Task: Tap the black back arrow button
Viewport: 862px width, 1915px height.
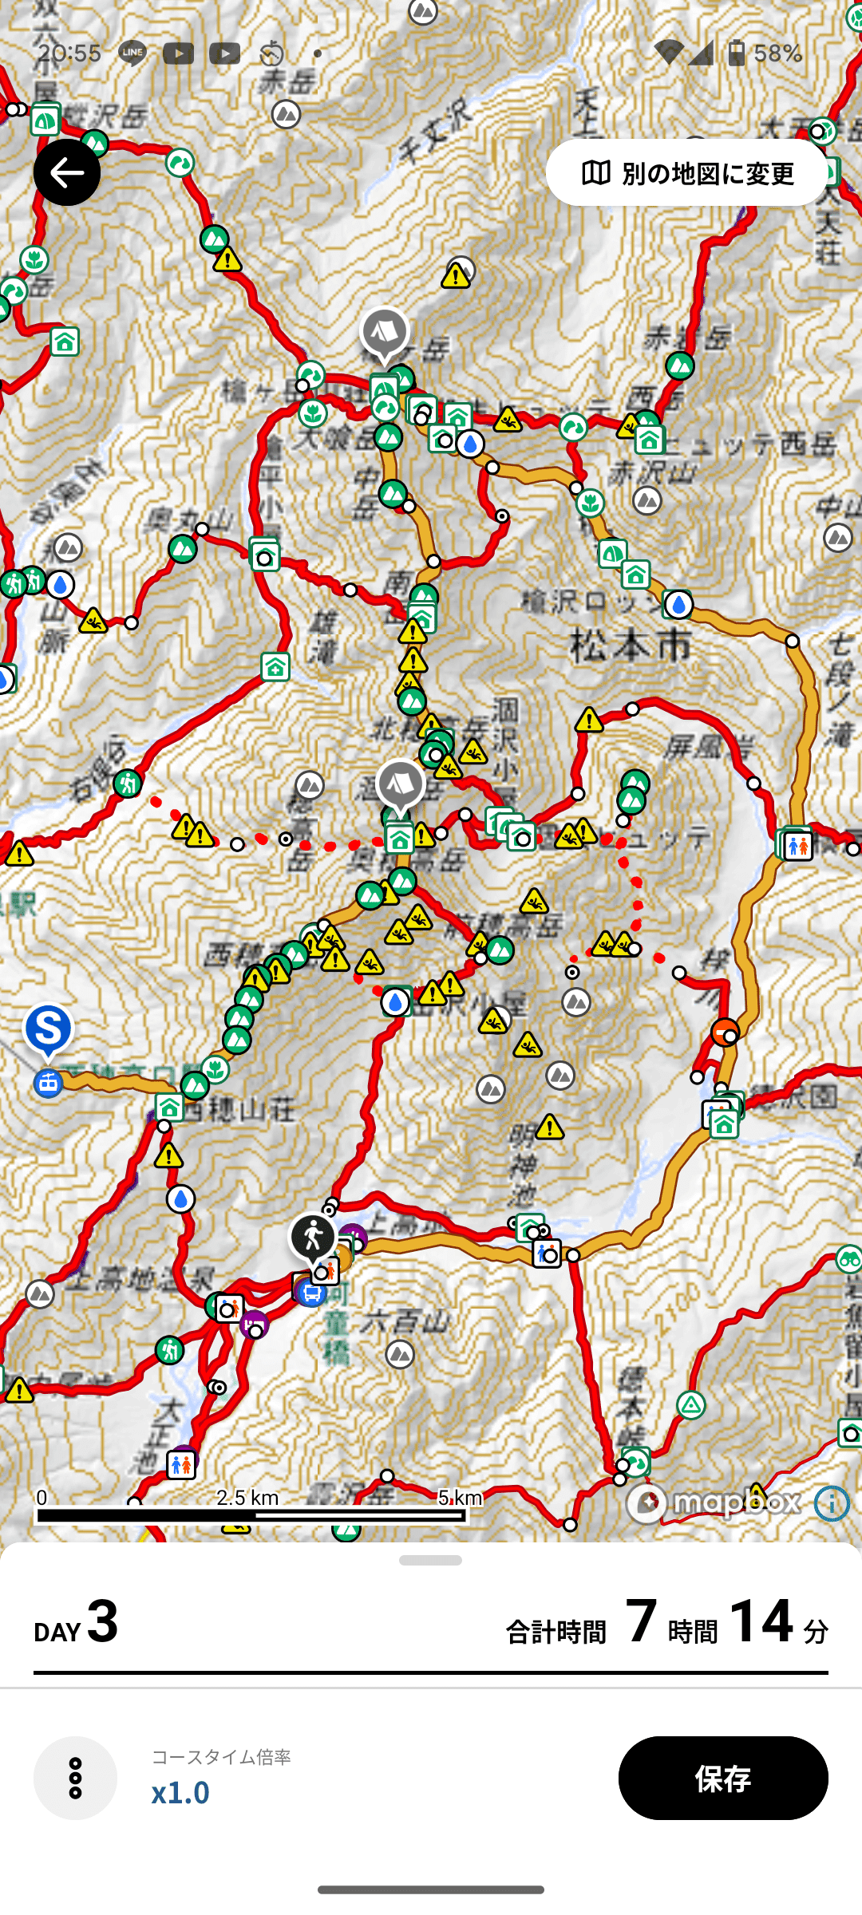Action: point(67,172)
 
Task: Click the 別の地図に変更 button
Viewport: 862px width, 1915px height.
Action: point(687,172)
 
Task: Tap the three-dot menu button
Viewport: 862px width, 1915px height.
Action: point(75,1778)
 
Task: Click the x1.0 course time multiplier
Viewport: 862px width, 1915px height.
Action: point(180,1792)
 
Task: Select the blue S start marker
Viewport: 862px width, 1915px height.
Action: point(49,1030)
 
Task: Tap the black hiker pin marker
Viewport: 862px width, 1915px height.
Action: point(313,1238)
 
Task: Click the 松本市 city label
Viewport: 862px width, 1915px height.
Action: point(631,644)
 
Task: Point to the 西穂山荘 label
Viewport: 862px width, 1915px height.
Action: point(239,1108)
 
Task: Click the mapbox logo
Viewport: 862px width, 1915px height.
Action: point(714,1503)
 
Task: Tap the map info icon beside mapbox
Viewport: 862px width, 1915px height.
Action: point(832,1503)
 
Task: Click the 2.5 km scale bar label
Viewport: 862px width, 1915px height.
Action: point(247,1497)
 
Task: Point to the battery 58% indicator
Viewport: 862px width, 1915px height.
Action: point(765,53)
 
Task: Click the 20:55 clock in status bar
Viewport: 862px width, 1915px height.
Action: point(69,53)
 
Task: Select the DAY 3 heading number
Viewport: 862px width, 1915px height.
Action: point(102,1621)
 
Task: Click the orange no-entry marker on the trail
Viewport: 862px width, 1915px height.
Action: point(725,1032)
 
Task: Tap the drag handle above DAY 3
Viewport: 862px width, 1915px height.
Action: point(431,1560)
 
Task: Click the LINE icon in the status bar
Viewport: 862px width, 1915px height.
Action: point(132,53)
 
